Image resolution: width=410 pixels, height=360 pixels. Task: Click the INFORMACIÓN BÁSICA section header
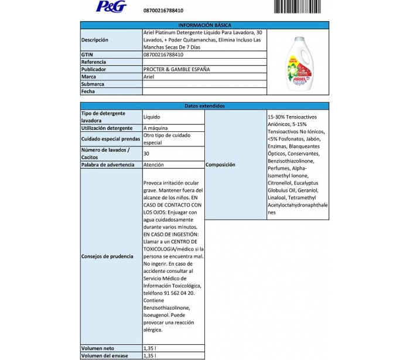tap(204, 25)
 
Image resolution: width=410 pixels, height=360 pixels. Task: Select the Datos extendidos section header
tap(204, 106)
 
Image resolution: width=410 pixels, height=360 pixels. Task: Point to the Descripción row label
tap(95, 40)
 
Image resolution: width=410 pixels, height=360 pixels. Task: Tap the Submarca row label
tap(93, 84)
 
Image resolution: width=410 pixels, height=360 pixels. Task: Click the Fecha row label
tap(88, 91)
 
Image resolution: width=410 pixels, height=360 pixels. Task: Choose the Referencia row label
tap(94, 62)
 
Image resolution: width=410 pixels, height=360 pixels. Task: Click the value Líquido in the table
tap(152, 117)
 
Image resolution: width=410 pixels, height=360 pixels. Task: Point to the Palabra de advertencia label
tap(110, 165)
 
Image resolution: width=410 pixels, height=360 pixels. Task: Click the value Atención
tap(153, 165)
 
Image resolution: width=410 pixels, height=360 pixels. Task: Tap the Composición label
tap(220, 165)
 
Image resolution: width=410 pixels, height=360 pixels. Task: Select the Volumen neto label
tap(98, 348)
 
